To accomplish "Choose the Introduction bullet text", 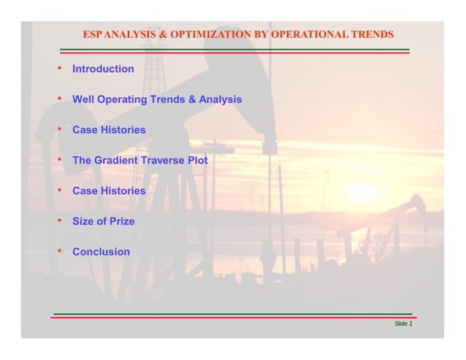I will pos(103,69).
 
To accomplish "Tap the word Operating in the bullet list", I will pos(121,99).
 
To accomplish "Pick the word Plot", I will pos(198,160).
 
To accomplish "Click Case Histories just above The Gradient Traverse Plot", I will pos(109,130).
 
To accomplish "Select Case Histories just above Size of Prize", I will pos(109,191).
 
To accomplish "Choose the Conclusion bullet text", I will pos(101,252).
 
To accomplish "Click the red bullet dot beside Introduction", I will pos(58,68).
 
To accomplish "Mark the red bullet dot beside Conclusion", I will pos(58,251).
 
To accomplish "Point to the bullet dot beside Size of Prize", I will pos(58,221).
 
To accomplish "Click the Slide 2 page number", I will pos(402,323).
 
